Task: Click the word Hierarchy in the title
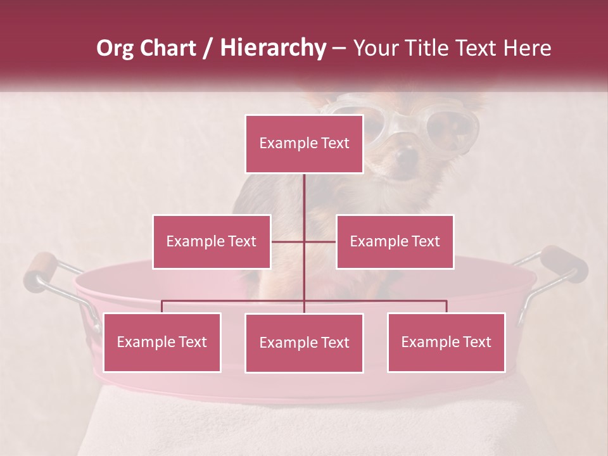click(x=273, y=48)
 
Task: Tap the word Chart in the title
click(x=167, y=48)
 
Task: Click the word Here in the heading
click(x=526, y=48)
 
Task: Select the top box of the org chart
click(x=304, y=144)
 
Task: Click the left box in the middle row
click(x=212, y=241)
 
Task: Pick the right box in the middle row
click(x=395, y=241)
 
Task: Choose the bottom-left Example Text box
click(x=161, y=342)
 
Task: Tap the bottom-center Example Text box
click(x=304, y=343)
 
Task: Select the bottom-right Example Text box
click(x=446, y=342)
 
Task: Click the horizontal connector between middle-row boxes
click(x=303, y=241)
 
